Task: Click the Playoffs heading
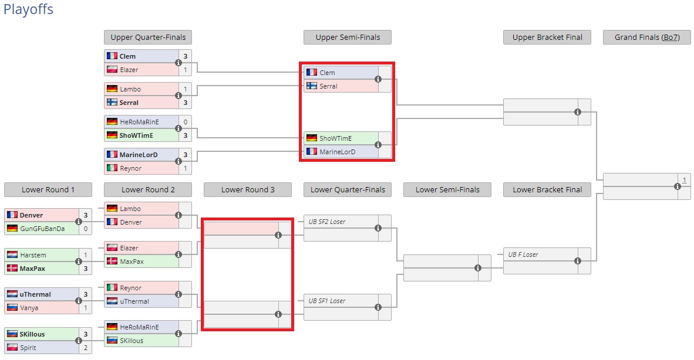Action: pyautogui.click(x=28, y=10)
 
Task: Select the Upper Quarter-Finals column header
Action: pyautogui.click(x=148, y=37)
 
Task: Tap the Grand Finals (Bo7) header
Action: pyautogui.click(x=646, y=37)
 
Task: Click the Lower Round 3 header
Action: pyautogui.click(x=248, y=189)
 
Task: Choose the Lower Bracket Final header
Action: pyautogui.click(x=547, y=189)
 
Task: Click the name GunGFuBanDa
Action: pyautogui.click(x=42, y=228)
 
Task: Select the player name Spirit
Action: pyautogui.click(x=28, y=348)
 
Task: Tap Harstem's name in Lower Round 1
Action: pyautogui.click(x=33, y=255)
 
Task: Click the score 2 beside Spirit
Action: pyautogui.click(x=86, y=348)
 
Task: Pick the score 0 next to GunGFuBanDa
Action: pyautogui.click(x=86, y=228)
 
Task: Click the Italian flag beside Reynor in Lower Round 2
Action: pyautogui.click(x=112, y=288)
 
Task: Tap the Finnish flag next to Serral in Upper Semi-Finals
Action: pyautogui.click(x=311, y=86)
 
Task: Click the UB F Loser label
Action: pyautogui.click(x=523, y=254)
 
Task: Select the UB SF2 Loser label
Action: pyautogui.click(x=327, y=222)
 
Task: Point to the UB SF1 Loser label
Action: pyautogui.click(x=327, y=301)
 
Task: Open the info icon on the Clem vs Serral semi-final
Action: pyautogui.click(x=378, y=79)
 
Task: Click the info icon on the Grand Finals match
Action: pyautogui.click(x=678, y=186)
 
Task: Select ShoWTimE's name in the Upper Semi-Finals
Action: pyautogui.click(x=335, y=138)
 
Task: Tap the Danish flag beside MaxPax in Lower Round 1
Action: pyautogui.click(x=12, y=269)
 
